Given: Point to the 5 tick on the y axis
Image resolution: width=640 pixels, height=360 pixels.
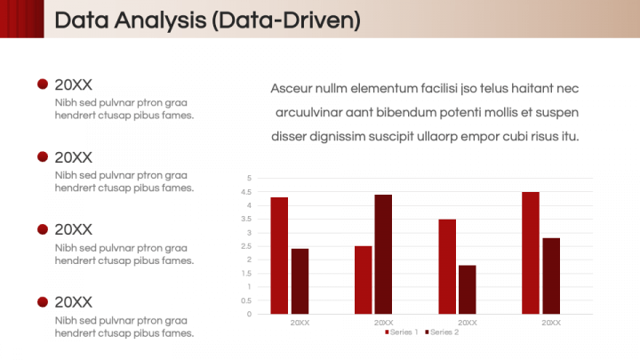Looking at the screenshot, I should tap(249, 178).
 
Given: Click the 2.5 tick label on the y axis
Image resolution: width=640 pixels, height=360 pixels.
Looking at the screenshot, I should tap(248, 246).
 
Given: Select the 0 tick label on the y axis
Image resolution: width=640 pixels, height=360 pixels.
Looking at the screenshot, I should tap(249, 314).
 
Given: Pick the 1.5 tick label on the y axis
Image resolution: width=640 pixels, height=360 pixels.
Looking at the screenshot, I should tap(248, 273).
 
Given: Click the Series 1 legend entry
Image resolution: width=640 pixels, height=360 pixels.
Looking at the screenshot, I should tap(403, 332).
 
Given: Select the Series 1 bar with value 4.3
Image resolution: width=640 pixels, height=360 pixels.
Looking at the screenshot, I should tap(279, 255).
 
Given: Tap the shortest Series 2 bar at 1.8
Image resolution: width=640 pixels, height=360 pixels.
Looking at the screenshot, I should tap(467, 289).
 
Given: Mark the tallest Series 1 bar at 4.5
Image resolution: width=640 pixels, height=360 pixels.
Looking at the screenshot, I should tap(531, 252).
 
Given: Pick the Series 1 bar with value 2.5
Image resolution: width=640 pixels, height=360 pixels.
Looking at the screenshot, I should tap(363, 280).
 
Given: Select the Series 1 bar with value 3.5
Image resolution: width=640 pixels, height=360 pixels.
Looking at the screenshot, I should tap(447, 266).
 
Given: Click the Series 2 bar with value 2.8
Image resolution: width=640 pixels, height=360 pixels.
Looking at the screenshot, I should tap(551, 276).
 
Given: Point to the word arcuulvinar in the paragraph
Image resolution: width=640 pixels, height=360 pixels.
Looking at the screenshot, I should tap(311, 112).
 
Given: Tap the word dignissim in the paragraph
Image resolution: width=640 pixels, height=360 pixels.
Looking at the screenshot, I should tap(341, 136).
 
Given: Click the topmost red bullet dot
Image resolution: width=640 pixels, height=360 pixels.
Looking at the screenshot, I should tap(42, 84).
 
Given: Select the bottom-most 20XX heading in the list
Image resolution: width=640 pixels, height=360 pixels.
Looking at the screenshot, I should tap(73, 301).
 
